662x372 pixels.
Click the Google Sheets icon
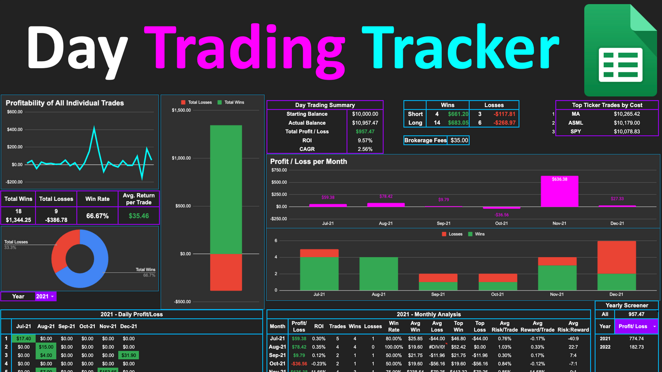619,50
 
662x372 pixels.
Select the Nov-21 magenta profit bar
559,191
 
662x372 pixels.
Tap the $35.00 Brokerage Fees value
459,140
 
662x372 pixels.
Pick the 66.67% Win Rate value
97,216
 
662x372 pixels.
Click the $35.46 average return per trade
139,216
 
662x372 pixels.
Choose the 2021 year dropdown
45,297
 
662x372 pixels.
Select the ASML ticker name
576,123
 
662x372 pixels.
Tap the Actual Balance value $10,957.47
365,123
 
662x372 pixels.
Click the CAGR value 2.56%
365,149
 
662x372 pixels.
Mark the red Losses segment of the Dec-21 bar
617,257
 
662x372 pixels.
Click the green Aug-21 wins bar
378,274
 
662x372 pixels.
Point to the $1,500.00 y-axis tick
181,110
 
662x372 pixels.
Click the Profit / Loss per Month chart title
308,162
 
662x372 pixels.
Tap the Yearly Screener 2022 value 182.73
636,347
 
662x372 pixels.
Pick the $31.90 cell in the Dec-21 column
128,356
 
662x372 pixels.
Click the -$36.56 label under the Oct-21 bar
502,215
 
